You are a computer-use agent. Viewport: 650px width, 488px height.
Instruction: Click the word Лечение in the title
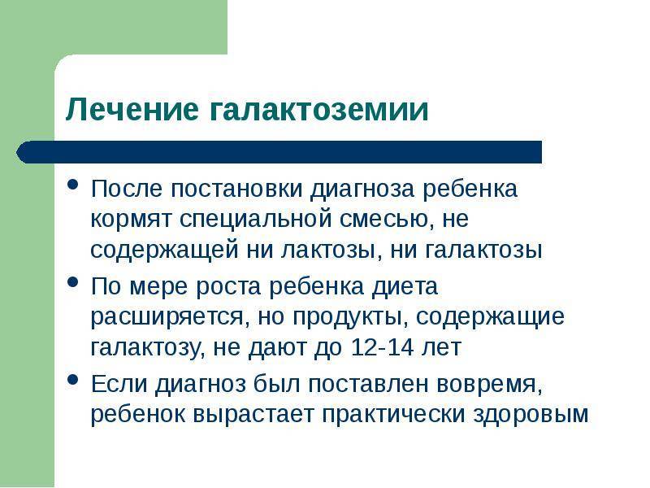tap(132, 110)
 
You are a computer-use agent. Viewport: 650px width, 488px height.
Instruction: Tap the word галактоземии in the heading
tap(318, 110)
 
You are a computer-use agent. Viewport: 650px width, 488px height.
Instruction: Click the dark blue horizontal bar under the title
tap(279, 152)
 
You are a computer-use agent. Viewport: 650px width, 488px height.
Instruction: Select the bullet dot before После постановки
tap(73, 185)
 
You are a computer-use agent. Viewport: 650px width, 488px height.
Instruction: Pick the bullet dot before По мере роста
tap(73, 282)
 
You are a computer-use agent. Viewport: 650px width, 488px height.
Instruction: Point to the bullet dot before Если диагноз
tap(73, 380)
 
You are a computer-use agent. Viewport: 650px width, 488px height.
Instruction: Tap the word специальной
tap(256, 219)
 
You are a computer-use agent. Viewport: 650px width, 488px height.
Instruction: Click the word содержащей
tap(165, 251)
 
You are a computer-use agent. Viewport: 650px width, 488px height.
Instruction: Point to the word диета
tap(405, 287)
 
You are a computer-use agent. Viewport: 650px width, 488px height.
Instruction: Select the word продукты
tap(349, 317)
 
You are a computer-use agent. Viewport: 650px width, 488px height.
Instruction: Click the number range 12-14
tap(382, 347)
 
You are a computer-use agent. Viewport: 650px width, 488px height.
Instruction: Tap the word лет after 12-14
tap(441, 348)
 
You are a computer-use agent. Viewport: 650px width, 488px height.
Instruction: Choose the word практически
tap(394, 415)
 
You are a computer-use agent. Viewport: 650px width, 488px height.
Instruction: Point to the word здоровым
tap(531, 415)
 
